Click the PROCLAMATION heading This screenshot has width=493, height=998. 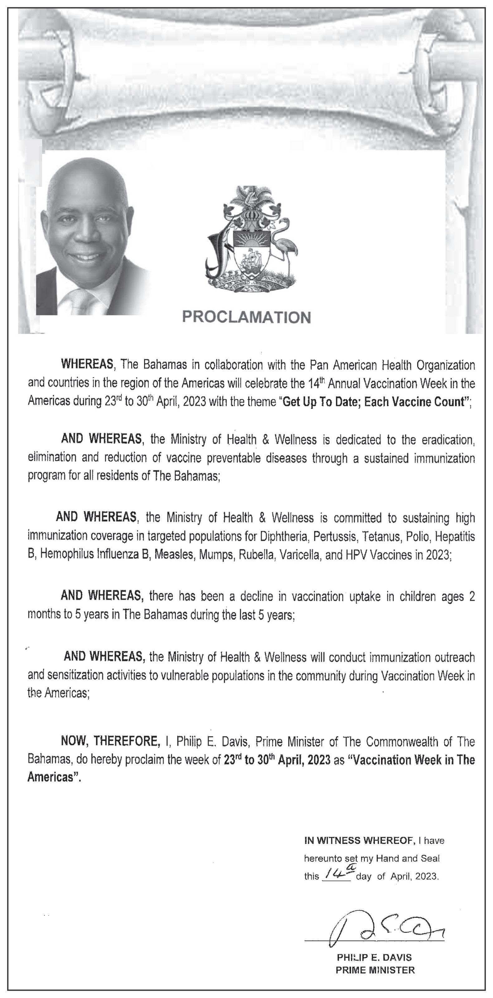[246, 317]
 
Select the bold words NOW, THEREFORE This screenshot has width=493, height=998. [110, 741]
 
